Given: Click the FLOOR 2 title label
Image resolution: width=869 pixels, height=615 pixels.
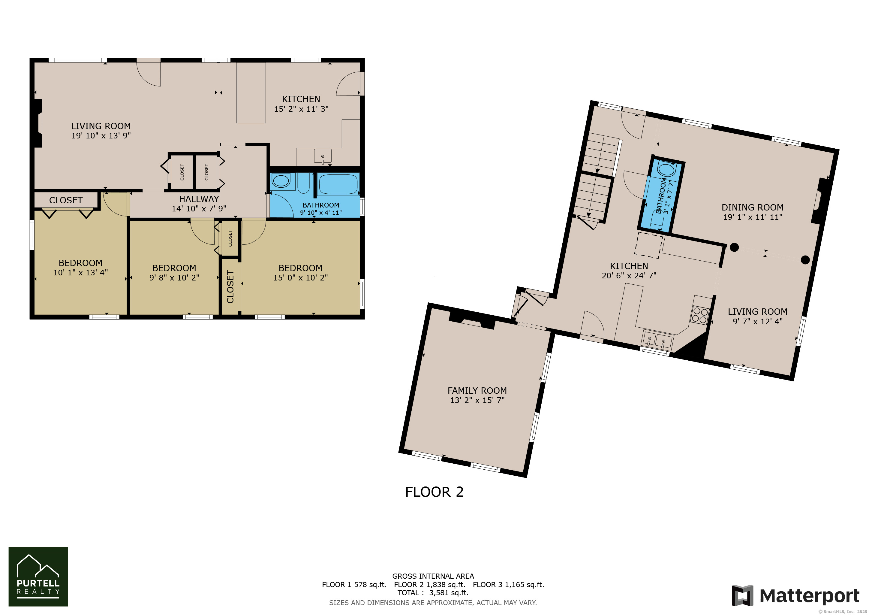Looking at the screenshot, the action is tap(434, 492).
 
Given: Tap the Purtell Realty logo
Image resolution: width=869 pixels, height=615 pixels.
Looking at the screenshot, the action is tap(38, 576).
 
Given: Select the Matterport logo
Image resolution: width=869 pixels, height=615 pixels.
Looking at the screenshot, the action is tap(795, 596).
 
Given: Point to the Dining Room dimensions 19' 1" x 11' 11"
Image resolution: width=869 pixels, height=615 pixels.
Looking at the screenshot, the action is tap(753, 217).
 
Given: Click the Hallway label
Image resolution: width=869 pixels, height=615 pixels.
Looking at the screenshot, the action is tap(199, 199).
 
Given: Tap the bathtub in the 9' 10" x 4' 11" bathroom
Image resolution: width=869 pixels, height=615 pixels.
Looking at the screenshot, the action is tap(338, 184).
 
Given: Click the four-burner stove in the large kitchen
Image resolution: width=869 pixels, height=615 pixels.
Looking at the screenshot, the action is tap(699, 315).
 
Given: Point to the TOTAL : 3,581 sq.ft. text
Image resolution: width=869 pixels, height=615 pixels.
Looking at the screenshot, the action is tap(433, 593).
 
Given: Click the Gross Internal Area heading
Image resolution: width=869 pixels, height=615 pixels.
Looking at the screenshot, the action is tap(433, 576).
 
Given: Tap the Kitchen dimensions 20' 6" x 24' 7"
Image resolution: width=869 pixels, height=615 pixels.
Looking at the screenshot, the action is tap(629, 276).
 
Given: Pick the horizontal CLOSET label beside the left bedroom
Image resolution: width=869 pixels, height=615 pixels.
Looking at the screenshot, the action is tap(66, 200).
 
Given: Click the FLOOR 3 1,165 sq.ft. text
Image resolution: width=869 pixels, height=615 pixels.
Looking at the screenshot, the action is tap(508, 584).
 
